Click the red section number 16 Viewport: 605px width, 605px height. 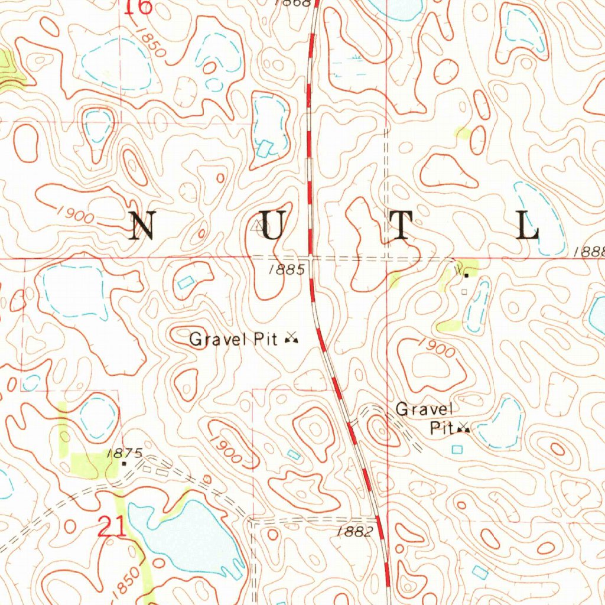[x=141, y=6]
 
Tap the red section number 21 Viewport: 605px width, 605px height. [x=112, y=528]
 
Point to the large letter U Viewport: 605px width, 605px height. [x=274, y=225]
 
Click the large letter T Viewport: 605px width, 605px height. [x=401, y=225]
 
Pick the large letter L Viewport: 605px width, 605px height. [x=528, y=225]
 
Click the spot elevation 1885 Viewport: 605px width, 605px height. [x=286, y=270]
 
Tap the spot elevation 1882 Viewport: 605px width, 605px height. [x=354, y=532]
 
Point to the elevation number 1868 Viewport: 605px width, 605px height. [x=293, y=3]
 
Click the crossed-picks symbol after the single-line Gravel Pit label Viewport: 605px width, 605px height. [x=291, y=338]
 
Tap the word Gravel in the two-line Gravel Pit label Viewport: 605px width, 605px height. [x=424, y=409]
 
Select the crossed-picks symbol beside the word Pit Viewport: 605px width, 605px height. [x=464, y=428]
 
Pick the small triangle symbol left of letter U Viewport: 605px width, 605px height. [x=258, y=226]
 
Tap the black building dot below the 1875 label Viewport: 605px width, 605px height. [x=124, y=464]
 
